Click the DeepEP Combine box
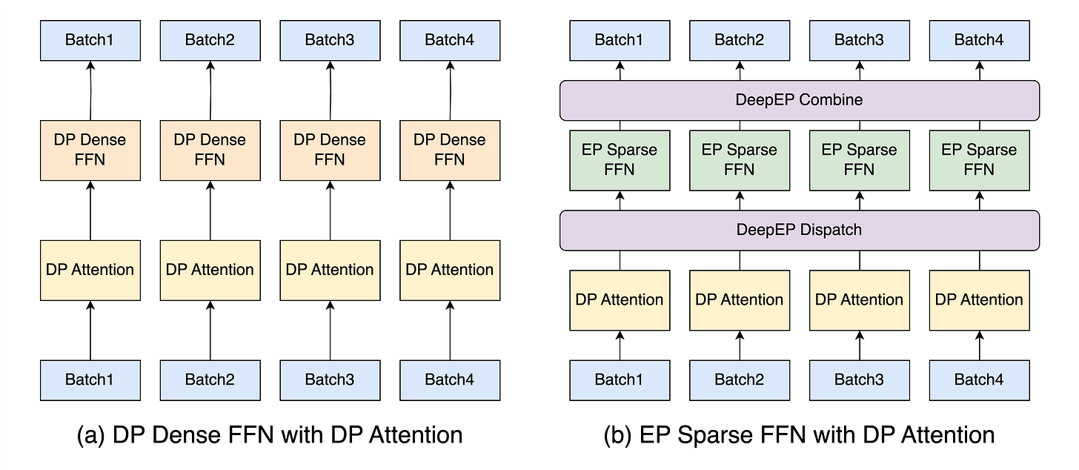tap(799, 100)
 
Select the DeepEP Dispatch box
tap(799, 230)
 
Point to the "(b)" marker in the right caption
tap(617, 436)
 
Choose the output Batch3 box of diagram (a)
tap(330, 41)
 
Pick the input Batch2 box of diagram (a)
tap(210, 380)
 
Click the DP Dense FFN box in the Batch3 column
tap(330, 150)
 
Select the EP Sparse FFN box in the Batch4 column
tap(979, 161)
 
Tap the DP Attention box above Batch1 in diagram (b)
tap(620, 300)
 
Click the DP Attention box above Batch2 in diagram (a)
tap(210, 271)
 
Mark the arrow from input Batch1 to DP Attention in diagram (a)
tap(90, 331)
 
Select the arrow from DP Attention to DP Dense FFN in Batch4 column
tap(450, 211)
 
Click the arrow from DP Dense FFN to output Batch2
tap(210, 90)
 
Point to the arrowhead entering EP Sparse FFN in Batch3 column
tap(860, 195)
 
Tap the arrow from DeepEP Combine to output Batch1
tap(620, 71)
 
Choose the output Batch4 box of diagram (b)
tap(979, 41)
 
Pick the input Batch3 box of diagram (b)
tap(860, 380)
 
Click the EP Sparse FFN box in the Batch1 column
tap(620, 161)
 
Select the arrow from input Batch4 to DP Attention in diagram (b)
tap(979, 345)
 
